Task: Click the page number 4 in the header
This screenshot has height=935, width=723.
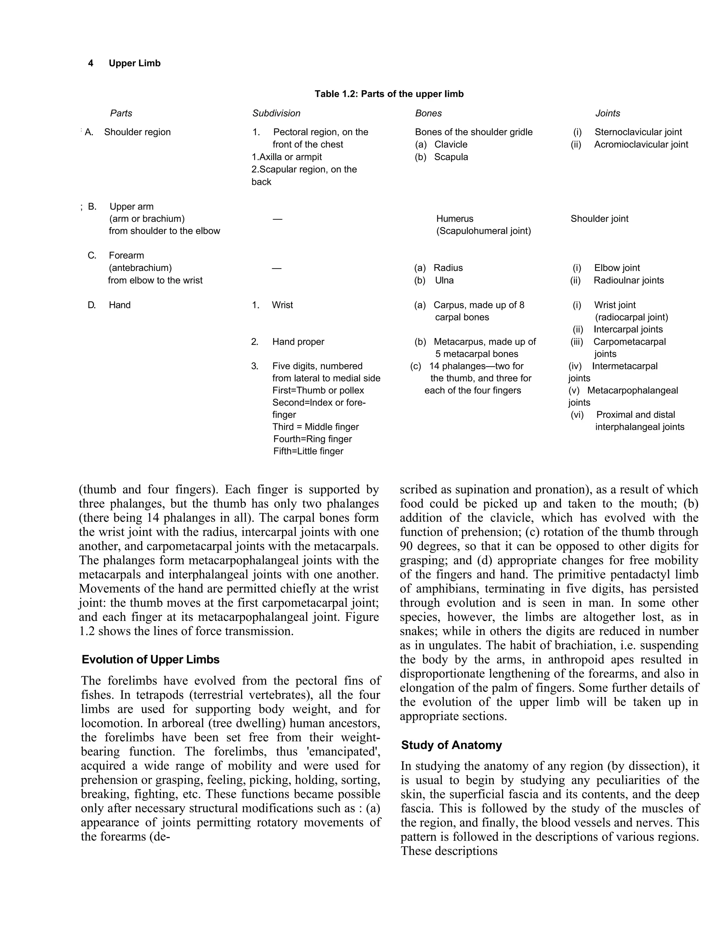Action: [x=90, y=64]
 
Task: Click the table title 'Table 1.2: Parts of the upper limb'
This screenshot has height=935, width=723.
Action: [x=389, y=94]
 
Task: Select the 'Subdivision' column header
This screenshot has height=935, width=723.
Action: [x=276, y=114]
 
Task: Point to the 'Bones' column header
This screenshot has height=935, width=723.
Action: [x=428, y=114]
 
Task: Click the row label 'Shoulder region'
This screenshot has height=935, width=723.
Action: [x=137, y=132]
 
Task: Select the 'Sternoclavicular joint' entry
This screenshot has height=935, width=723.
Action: [x=638, y=132]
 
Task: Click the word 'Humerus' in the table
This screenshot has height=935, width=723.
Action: [x=454, y=219]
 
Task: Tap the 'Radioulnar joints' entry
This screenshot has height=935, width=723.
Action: [x=628, y=280]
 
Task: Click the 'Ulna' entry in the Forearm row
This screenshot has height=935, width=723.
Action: [x=444, y=280]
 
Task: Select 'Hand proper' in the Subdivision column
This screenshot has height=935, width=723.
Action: [x=298, y=342]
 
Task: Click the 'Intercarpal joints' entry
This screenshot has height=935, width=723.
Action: [x=628, y=330]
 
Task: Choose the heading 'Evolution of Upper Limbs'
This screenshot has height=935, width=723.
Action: [x=150, y=659]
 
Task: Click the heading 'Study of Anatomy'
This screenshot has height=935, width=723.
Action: [x=451, y=745]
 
